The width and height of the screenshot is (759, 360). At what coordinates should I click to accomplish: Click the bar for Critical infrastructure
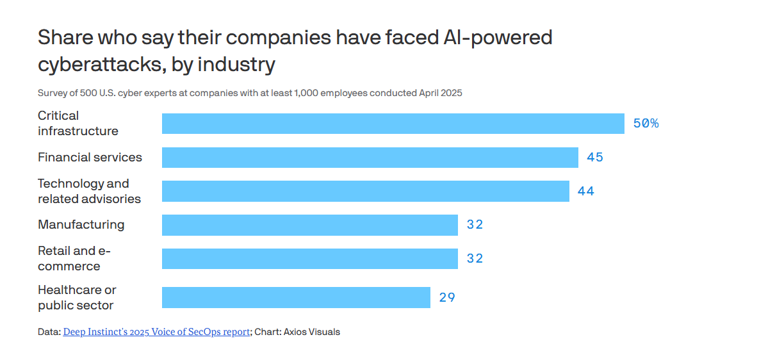[x=393, y=124]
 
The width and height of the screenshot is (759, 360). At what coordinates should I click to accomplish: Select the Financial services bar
[x=370, y=158]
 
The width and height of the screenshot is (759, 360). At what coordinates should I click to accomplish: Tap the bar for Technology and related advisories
[x=365, y=191]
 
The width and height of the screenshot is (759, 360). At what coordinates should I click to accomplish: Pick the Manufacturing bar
[x=309, y=225]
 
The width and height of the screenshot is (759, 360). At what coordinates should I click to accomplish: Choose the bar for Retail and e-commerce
[x=309, y=259]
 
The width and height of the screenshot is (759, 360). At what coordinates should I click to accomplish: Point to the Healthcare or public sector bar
[x=296, y=297]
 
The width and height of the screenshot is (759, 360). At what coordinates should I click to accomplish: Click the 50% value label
[x=646, y=124]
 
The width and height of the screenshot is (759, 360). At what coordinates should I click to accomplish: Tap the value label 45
[x=595, y=158]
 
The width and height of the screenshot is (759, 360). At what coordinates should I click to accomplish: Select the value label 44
[x=585, y=191]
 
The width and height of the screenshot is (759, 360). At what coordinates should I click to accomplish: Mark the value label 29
[x=447, y=297]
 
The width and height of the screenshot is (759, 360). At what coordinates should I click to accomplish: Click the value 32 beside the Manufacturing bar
[x=475, y=225]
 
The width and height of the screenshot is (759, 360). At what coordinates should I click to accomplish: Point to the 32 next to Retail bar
[x=475, y=259]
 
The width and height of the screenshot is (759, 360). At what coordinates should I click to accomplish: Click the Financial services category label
[x=90, y=158]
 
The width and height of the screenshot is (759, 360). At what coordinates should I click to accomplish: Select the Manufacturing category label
[x=81, y=225]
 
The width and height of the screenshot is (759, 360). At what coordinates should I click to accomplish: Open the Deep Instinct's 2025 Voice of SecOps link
[x=156, y=332]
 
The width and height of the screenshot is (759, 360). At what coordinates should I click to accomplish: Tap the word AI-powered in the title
[x=498, y=38]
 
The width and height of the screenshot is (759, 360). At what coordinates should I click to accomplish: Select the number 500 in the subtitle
[x=89, y=93]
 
